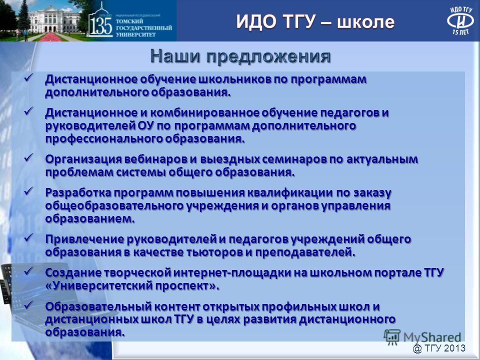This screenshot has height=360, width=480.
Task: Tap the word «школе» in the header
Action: (x=366, y=21)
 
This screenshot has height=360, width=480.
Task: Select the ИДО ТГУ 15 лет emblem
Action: (x=460, y=20)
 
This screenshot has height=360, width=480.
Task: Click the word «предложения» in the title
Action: (x=268, y=57)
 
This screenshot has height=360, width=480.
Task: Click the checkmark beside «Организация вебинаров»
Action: (x=29, y=157)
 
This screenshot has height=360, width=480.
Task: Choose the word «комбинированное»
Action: (x=204, y=113)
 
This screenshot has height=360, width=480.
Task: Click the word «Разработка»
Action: (x=78, y=193)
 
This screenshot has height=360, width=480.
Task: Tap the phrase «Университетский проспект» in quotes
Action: (x=132, y=286)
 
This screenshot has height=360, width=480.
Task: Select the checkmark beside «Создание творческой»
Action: (x=29, y=271)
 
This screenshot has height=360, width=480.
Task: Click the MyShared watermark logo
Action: (x=422, y=337)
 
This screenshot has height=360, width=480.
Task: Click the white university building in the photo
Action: (x=54, y=19)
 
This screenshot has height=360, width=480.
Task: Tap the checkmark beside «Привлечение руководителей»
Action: (x=29, y=237)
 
